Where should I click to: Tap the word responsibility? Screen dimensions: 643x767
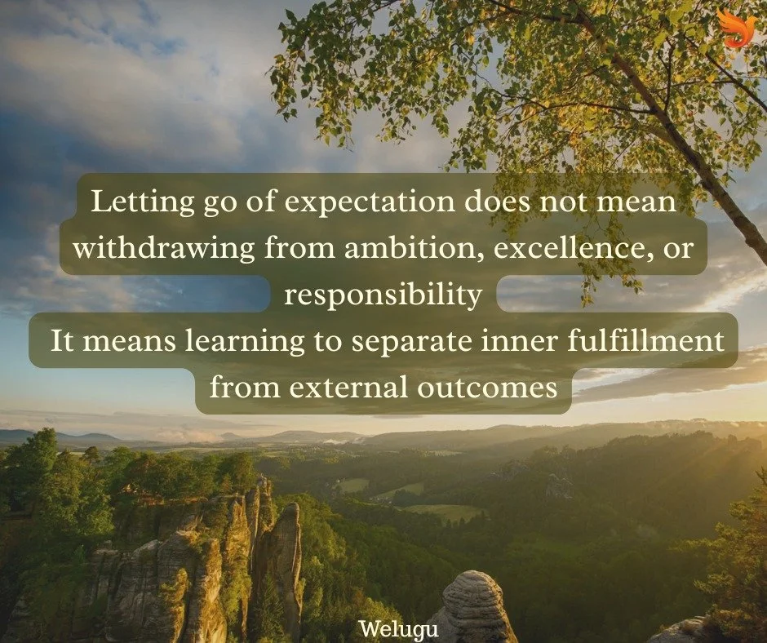(383, 295)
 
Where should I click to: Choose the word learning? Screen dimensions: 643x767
(256, 340)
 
